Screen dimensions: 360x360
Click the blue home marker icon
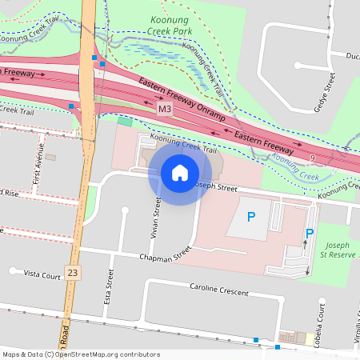(x=180, y=173)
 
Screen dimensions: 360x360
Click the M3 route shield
(x=164, y=108)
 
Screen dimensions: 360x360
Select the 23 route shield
(x=74, y=273)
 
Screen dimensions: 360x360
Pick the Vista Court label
(x=42, y=274)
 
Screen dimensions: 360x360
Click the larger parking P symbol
(x=251, y=216)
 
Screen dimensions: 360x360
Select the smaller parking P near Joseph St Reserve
(x=309, y=234)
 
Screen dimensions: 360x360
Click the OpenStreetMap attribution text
(x=80, y=354)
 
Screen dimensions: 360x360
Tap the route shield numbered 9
(x=311, y=159)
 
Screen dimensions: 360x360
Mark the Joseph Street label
(x=218, y=186)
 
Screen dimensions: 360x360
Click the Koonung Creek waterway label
(x=294, y=166)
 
